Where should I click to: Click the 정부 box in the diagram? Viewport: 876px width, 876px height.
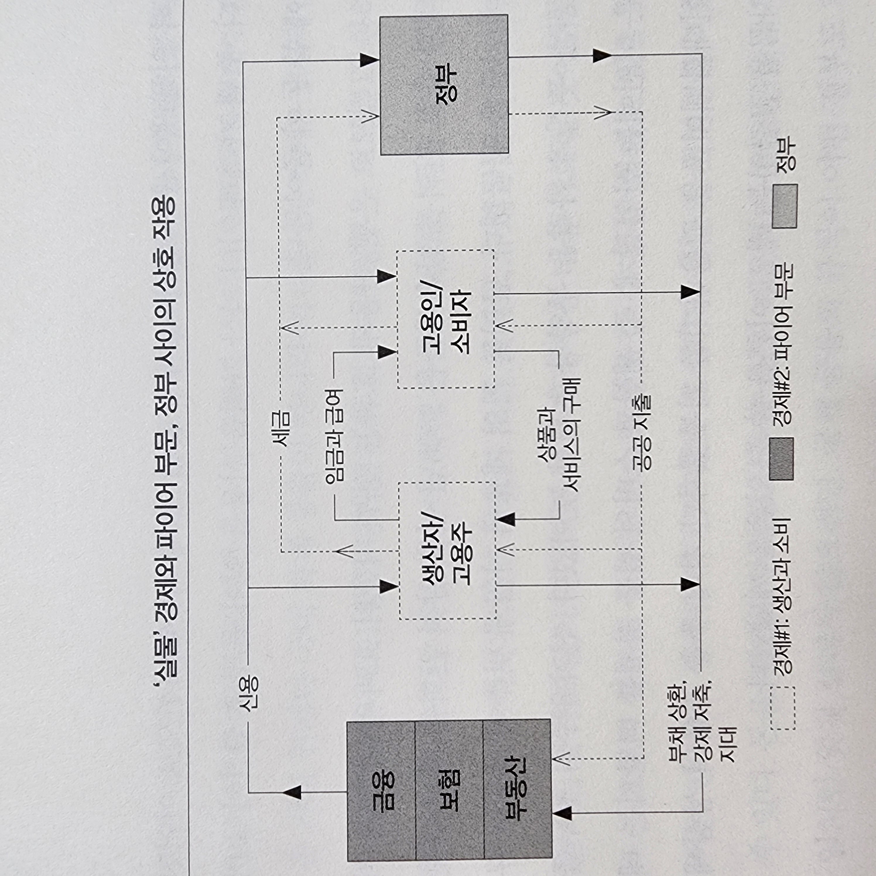(444, 85)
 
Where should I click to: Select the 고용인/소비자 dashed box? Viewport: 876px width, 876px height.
(446, 319)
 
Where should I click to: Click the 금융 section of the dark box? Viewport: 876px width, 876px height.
(381, 790)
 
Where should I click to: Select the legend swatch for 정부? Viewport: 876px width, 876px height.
(784, 206)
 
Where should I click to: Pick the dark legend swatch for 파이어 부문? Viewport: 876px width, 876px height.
(781, 459)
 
